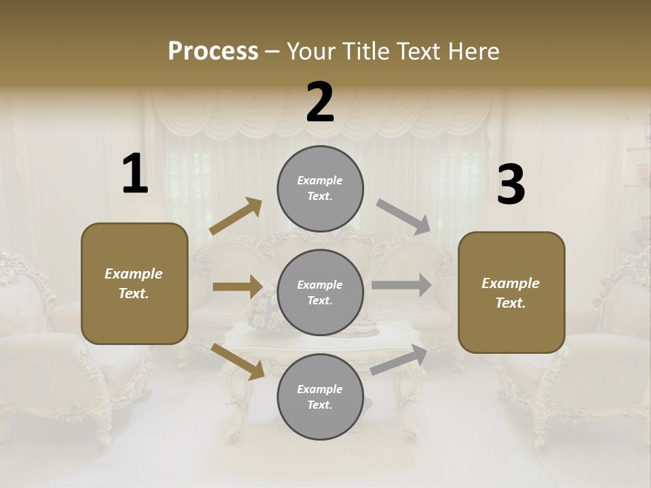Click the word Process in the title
[213, 52]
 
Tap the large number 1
[135, 174]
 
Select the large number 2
[320, 102]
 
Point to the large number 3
[511, 184]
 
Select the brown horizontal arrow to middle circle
[237, 287]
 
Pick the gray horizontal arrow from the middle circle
[401, 285]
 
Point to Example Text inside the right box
[511, 293]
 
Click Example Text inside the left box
[134, 283]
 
